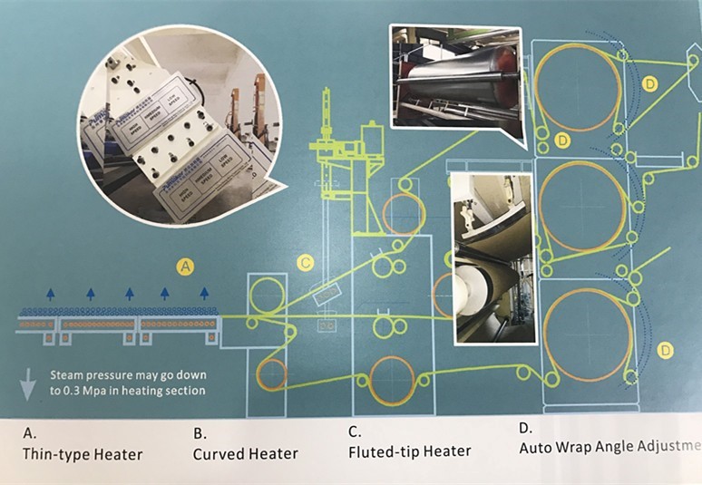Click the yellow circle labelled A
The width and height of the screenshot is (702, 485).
(185, 267)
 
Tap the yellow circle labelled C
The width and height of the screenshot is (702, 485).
(306, 263)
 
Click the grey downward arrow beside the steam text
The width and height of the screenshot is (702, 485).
(28, 384)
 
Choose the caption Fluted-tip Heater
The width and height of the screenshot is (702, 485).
(410, 451)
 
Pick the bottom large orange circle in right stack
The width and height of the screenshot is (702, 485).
(585, 335)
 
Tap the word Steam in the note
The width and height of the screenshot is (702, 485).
(68, 373)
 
